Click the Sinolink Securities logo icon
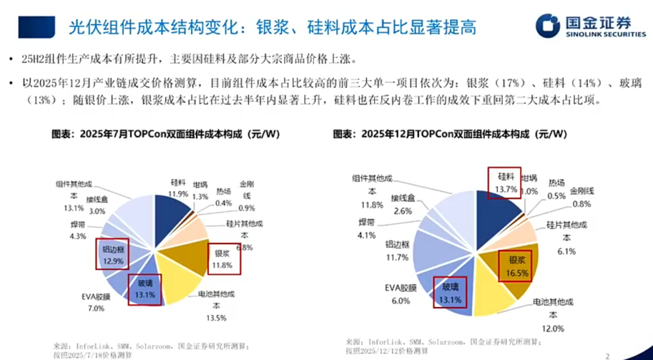point(548,25)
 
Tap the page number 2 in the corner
point(607,354)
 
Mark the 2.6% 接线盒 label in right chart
point(401,206)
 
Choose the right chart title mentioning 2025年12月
point(450,134)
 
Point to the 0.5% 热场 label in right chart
point(556,190)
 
